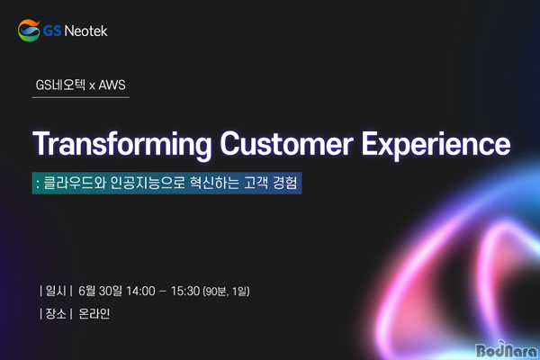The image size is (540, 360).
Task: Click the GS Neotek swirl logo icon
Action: [29, 31]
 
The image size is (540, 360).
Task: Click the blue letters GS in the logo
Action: [52, 31]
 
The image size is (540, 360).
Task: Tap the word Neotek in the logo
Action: [85, 31]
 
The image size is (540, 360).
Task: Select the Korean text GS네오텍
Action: [60, 85]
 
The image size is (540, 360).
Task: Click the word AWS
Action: [112, 85]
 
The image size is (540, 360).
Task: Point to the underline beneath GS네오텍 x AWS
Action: [81, 98]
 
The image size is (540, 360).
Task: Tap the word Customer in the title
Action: [286, 144]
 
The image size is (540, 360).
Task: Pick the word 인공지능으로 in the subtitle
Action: [148, 183]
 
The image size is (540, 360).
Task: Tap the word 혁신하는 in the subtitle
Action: [214, 183]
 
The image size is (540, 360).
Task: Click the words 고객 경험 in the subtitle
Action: [270, 183]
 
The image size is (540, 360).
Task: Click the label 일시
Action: [56, 291]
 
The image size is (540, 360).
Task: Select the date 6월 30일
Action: [100, 291]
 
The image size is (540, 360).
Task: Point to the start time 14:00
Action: [140, 291]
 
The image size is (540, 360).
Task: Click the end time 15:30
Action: [185, 291]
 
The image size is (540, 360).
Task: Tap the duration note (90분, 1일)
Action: [226, 292]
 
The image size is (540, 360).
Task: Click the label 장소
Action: [56, 313]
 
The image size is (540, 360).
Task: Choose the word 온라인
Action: [94, 313]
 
